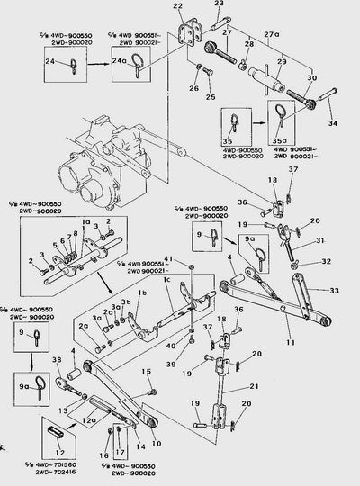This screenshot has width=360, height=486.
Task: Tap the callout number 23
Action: tap(219, 4)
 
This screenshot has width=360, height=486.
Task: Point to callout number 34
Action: tap(334, 122)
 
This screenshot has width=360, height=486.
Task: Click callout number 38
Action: tap(58, 362)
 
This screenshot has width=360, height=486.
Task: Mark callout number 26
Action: tap(193, 88)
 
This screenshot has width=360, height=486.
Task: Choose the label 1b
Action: tap(142, 294)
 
